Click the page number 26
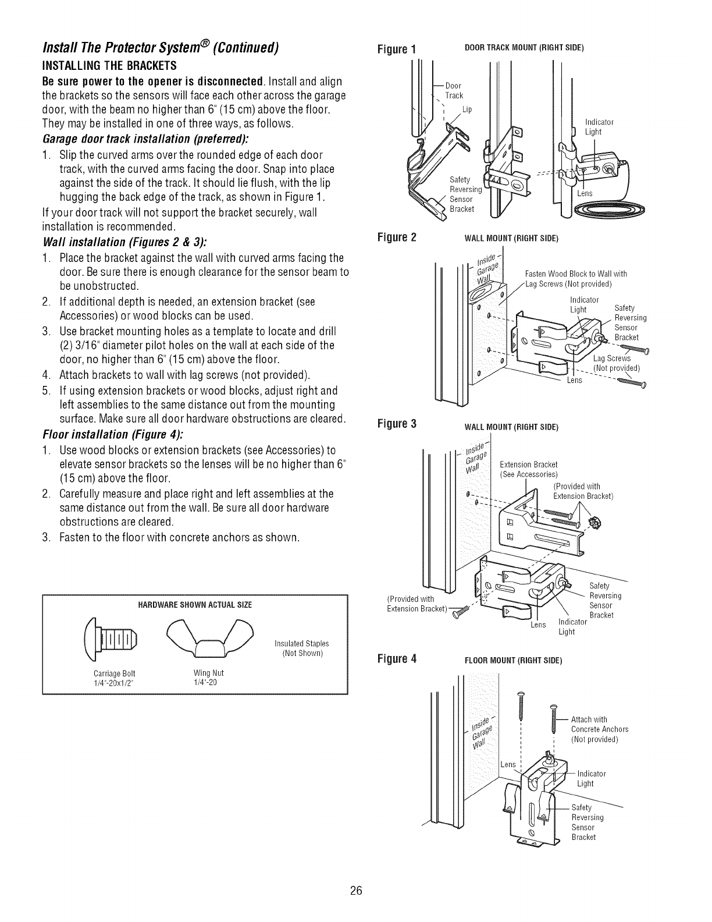[356, 891]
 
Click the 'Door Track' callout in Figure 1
[454, 91]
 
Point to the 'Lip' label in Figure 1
[467, 109]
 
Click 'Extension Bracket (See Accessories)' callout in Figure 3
[529, 469]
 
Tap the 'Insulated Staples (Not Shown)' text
[301, 648]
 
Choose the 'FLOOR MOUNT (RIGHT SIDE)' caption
[514, 661]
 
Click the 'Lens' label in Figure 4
[508, 764]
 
